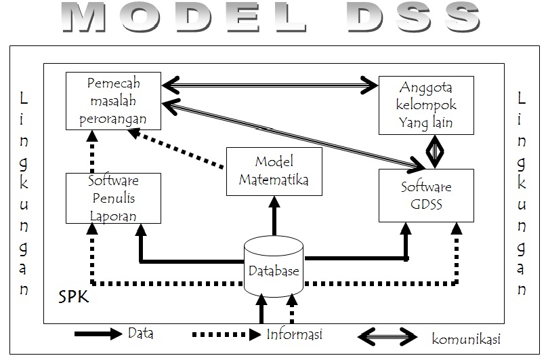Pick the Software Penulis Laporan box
(114, 198)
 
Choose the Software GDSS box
(426, 195)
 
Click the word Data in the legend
(140, 334)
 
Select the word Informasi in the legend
(294, 334)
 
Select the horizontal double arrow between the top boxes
(270, 85)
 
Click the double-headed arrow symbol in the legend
(387, 336)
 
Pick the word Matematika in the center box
(273, 180)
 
